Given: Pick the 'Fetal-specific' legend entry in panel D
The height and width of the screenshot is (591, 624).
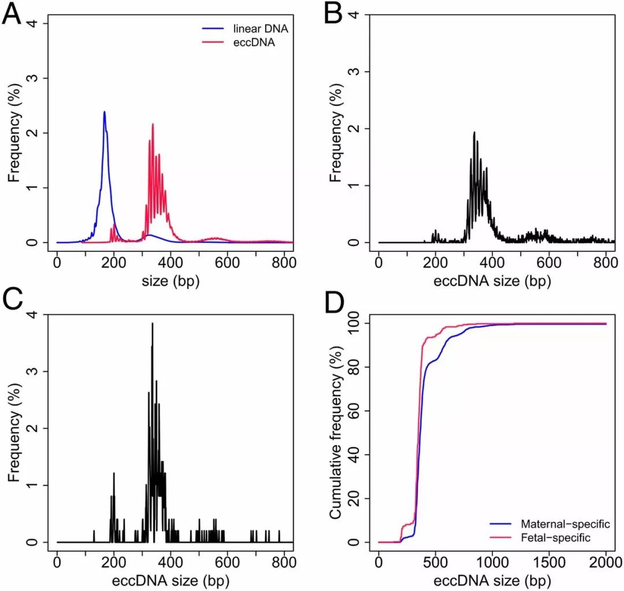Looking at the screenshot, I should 555,537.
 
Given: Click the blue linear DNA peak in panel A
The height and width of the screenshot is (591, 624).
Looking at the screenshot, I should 104,112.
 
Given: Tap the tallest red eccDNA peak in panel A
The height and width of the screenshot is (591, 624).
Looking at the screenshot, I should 153,125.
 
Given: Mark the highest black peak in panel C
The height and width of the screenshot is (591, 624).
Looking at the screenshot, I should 152,324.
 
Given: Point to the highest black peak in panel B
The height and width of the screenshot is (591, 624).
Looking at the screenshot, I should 474,133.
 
